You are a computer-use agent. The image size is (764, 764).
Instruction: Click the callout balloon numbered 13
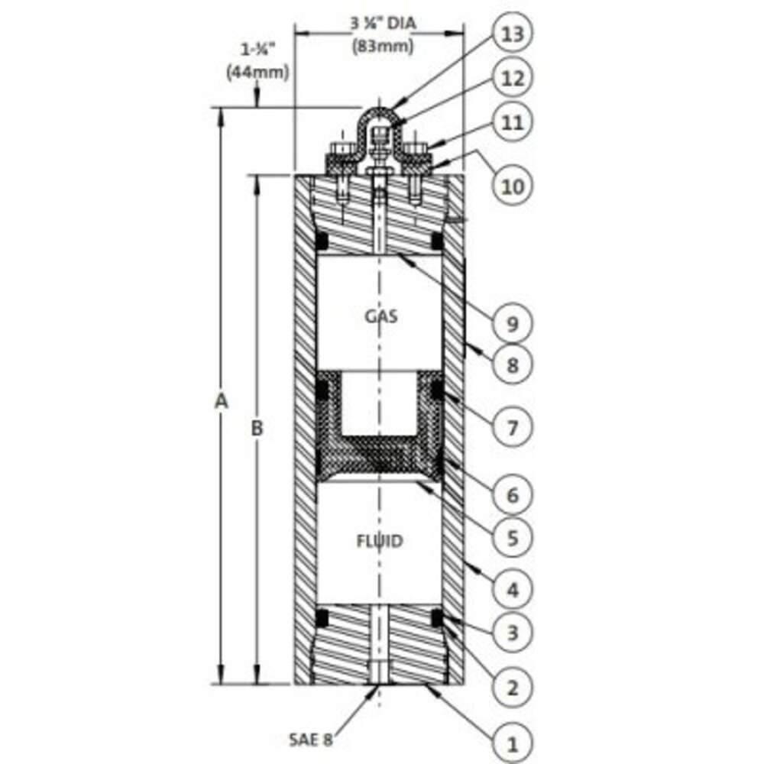point(512,34)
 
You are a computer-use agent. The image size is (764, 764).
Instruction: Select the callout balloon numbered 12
point(512,78)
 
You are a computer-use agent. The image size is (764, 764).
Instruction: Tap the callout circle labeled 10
point(512,186)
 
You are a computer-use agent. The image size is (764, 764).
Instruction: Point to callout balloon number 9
point(512,323)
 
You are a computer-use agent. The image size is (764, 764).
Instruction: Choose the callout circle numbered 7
point(512,428)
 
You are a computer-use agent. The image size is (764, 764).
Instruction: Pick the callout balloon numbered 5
point(512,538)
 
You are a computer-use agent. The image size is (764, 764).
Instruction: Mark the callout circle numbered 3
point(512,633)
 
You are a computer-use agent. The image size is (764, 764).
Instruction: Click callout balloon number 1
point(512,744)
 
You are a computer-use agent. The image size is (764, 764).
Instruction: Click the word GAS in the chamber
point(381,317)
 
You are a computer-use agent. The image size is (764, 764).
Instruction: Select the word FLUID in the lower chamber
point(380,542)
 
